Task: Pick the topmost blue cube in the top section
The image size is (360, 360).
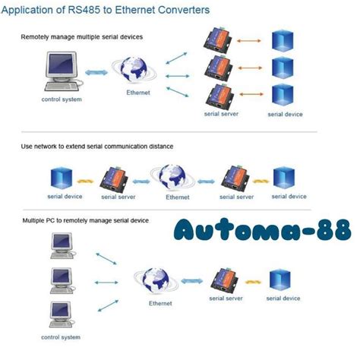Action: click(x=283, y=42)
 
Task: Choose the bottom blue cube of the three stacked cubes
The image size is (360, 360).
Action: click(x=283, y=96)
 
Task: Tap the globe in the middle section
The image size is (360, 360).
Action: click(x=177, y=175)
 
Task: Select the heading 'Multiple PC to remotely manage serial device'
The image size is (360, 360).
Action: click(x=85, y=220)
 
